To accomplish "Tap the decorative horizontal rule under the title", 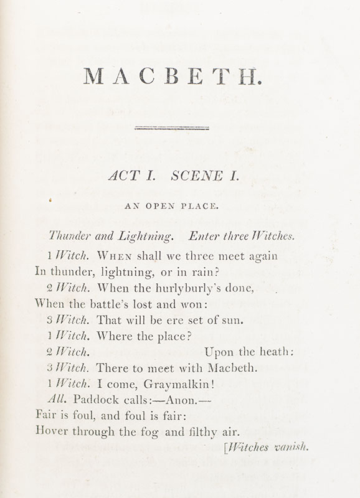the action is [172, 128].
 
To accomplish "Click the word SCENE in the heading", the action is [197, 176].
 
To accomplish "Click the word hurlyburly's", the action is [189, 288].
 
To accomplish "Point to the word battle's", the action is [118, 304].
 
